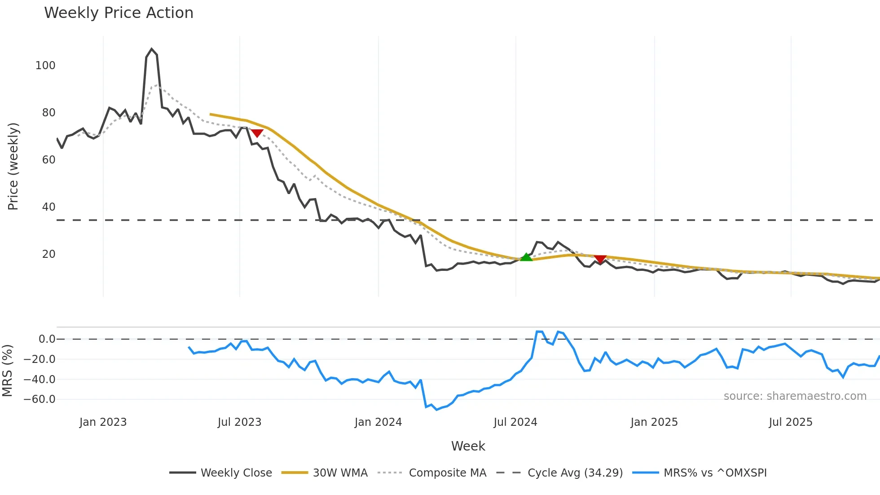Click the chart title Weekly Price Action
[119, 13]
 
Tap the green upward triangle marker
[526, 257]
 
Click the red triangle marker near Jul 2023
[257, 133]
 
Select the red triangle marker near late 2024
[600, 259]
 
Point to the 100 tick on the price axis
[45, 66]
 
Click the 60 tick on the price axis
[48, 160]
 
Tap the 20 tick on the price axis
[48, 254]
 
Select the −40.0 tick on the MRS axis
[40, 379]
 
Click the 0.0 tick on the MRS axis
[47, 339]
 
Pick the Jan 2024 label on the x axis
[378, 422]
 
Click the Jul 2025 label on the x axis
[791, 422]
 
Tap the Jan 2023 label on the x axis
[103, 422]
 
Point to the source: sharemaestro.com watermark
[795, 396]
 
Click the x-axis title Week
[468, 446]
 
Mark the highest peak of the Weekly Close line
[152, 49]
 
